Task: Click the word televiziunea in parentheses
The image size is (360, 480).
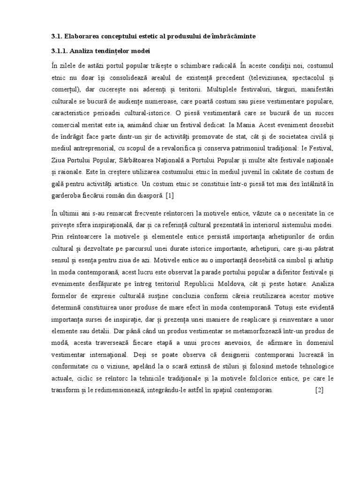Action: tap(271, 77)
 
